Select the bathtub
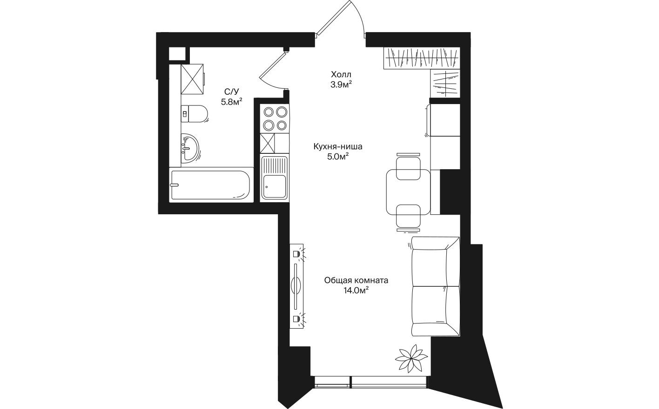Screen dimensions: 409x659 point(210,185)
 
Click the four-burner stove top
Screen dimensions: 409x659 point(275,119)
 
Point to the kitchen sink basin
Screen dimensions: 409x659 point(274,186)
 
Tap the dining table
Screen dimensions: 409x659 point(409,191)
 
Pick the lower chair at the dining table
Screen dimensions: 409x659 point(409,217)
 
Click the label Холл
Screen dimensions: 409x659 point(341,74)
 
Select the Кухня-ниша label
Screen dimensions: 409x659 point(338,147)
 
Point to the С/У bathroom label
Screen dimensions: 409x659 point(231,92)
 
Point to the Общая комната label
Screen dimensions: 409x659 point(356,280)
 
